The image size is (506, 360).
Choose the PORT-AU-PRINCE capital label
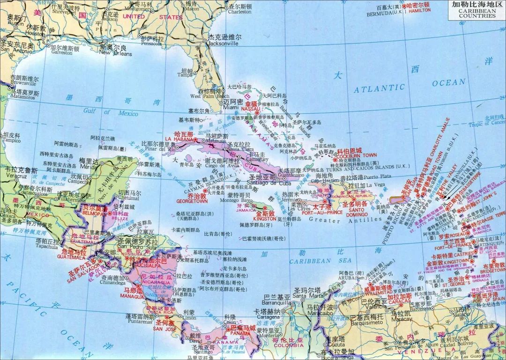322,211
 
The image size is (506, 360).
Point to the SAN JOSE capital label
165,328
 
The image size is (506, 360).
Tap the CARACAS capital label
400,302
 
